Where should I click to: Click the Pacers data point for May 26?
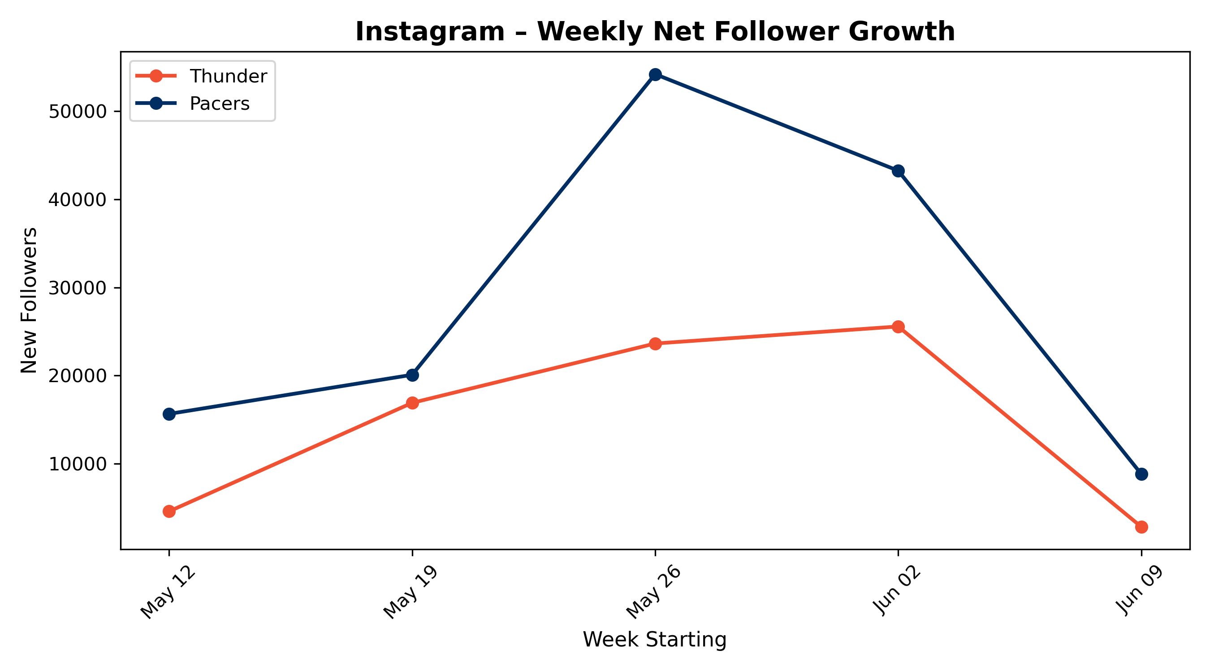pos(655,74)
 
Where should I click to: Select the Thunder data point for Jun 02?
pos(898,327)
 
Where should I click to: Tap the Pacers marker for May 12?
pos(169,414)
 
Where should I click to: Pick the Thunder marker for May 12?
pos(169,512)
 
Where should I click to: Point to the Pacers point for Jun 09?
pos(1141,474)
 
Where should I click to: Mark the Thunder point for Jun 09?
pos(1141,527)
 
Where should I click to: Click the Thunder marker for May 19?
pos(412,403)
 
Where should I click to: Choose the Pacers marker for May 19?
pos(412,375)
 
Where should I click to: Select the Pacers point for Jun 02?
pos(898,171)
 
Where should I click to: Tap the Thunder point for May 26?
pos(655,343)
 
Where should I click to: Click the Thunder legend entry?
pos(202,76)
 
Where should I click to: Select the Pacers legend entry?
pos(193,103)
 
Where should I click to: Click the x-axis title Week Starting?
pos(655,640)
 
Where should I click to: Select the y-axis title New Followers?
pos(29,301)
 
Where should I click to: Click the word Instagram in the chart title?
pos(430,32)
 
